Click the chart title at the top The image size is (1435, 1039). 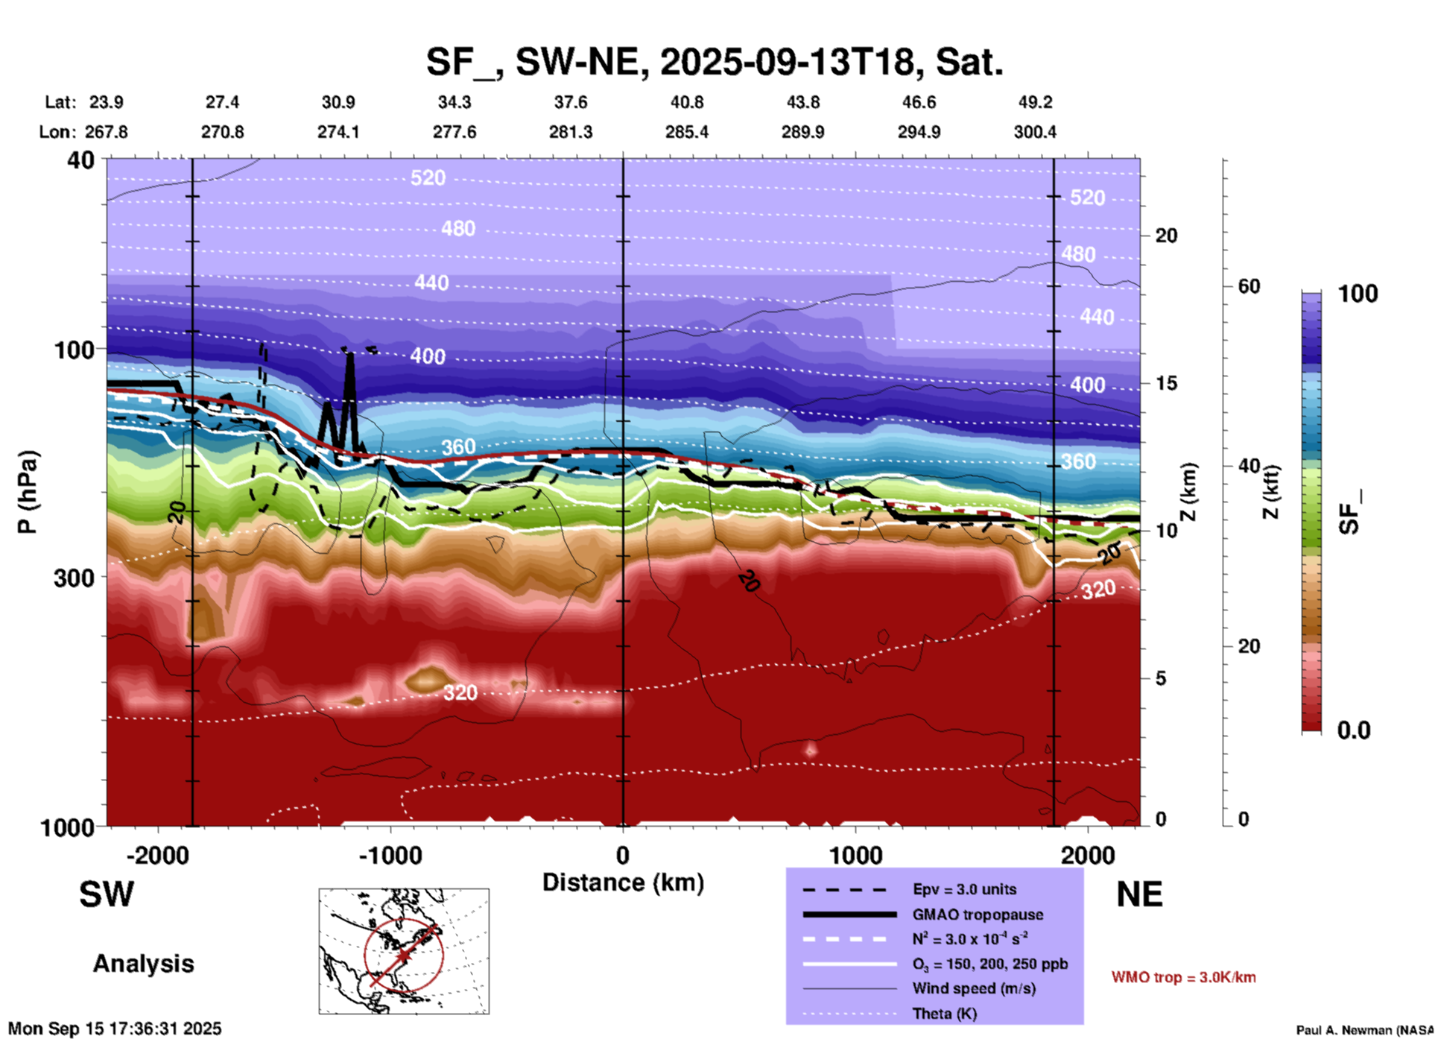pos(715,62)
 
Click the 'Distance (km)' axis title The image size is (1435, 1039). pos(623,882)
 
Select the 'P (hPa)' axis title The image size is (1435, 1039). pos(28,491)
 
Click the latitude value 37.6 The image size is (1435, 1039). pos(571,102)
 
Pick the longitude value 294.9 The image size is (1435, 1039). pos(919,132)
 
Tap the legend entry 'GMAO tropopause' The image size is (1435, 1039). pos(978,915)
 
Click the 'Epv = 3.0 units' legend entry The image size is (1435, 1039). pos(964,889)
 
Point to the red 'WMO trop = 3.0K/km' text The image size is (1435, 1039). pos(1183,977)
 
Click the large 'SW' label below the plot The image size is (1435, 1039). pos(107,894)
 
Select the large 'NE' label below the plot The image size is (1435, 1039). pos(1139,894)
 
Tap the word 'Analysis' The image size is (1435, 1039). pos(143,964)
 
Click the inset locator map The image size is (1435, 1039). pos(404,950)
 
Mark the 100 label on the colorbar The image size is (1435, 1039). pos(1358,294)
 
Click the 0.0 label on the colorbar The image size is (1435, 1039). pos(1354,730)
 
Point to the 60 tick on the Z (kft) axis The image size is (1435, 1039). pos(1249,286)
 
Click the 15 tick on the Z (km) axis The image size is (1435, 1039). pos(1166,383)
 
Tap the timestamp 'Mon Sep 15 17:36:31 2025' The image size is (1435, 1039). pos(115,1029)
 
